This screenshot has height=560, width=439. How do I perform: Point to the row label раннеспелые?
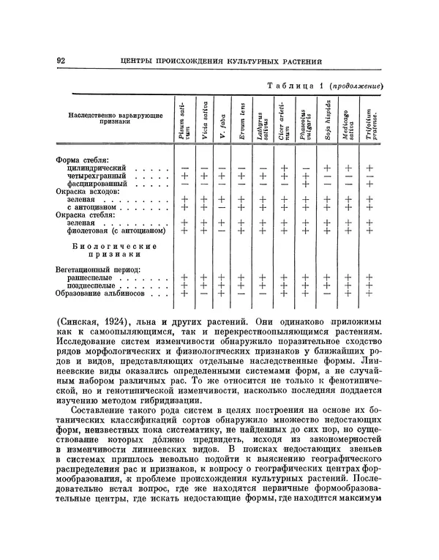coord(91,277)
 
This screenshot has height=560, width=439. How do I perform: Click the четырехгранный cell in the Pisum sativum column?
coord(184,176)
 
